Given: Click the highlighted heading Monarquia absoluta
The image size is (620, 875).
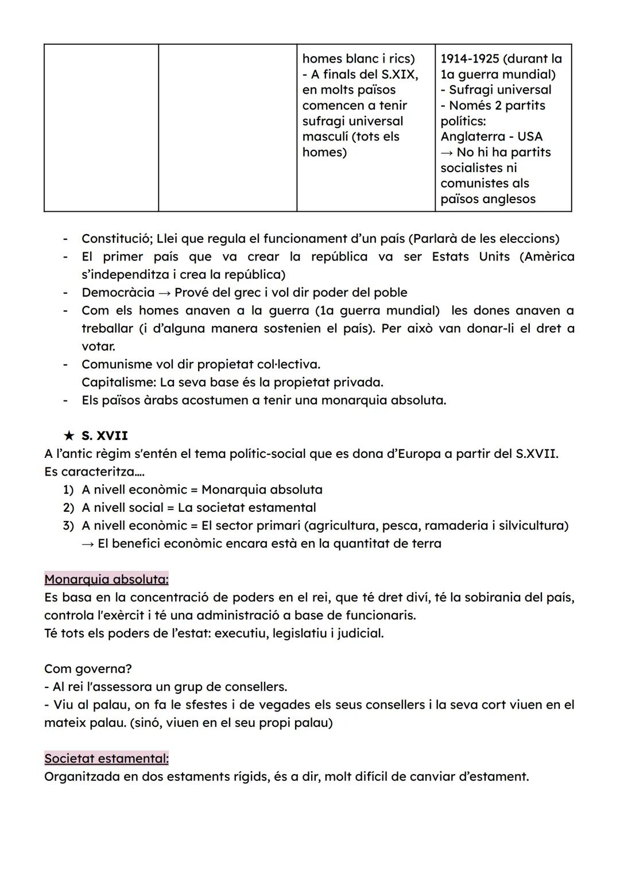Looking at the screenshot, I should tap(106, 579).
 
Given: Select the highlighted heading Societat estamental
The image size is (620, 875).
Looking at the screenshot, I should tap(106, 759).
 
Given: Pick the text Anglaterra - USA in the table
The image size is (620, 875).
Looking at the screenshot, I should tap(491, 137).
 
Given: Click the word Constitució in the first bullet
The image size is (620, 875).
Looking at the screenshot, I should tap(117, 239).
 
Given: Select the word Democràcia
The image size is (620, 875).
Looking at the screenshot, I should tap(118, 293).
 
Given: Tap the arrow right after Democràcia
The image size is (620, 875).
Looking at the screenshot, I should tap(164, 293).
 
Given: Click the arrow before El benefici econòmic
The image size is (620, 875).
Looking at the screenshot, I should tap(88, 543).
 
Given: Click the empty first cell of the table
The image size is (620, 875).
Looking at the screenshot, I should tap(101, 127).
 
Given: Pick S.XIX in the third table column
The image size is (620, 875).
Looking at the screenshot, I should tap(399, 75).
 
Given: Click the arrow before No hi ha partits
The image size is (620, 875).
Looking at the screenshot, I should tap(446, 153).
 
